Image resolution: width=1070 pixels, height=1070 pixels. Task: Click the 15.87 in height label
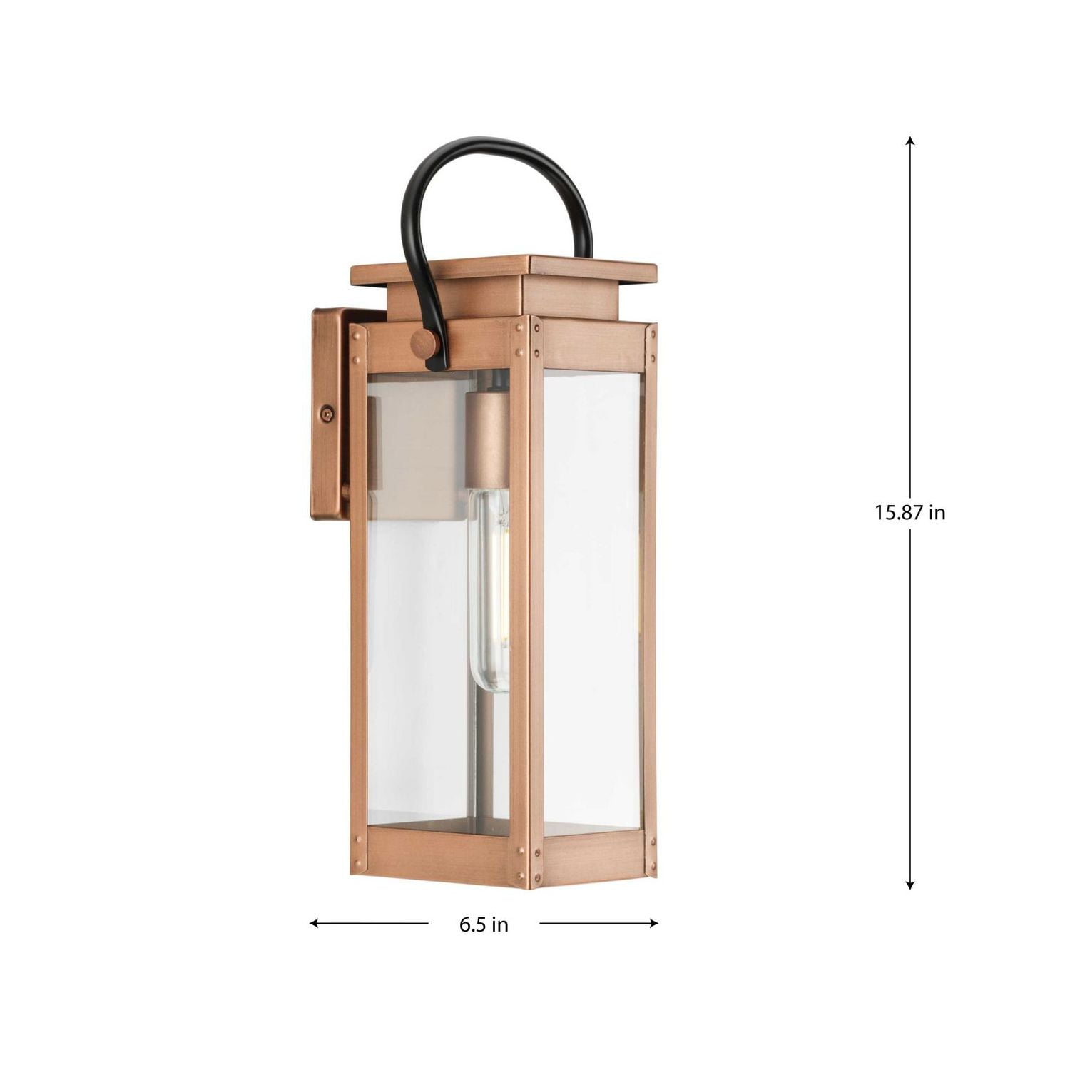[x=909, y=512]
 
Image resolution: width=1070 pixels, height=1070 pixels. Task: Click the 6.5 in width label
[x=484, y=924]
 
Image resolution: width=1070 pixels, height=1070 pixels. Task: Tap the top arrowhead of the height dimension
[x=909, y=140]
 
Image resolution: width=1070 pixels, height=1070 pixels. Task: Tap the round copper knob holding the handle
[x=425, y=347]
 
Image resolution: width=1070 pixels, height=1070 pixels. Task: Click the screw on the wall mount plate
[x=327, y=412]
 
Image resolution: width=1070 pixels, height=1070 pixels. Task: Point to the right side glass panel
[x=592, y=599]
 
